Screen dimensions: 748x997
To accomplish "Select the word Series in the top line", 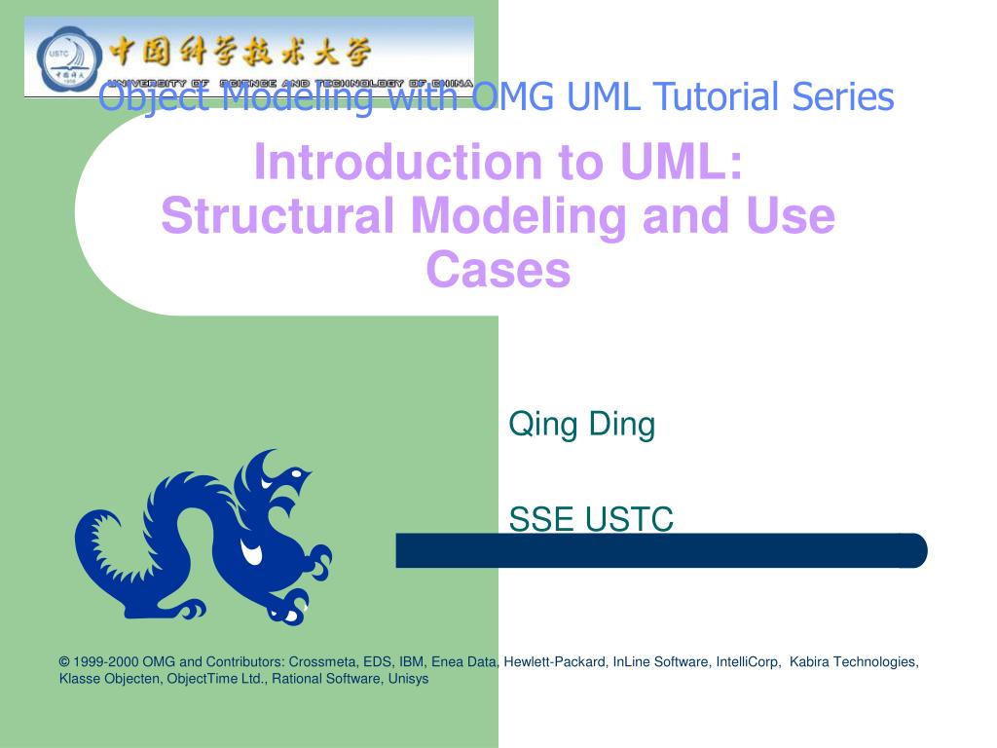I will pyautogui.click(x=843, y=96).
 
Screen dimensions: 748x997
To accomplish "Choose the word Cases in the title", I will pyautogui.click(x=498, y=270).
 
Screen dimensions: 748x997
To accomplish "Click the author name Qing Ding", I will pyautogui.click(x=582, y=425).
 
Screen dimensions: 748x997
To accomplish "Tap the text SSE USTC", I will pyautogui.click(x=591, y=520).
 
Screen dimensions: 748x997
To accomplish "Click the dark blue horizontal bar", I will pyautogui.click(x=662, y=551).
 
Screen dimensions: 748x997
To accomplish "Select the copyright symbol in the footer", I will pyautogui.click(x=63, y=662).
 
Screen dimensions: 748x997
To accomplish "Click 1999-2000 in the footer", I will pyautogui.click(x=106, y=662).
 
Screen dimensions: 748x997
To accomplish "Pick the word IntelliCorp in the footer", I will pyautogui.click(x=748, y=662).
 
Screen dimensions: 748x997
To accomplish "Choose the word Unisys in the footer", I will pyautogui.click(x=408, y=679).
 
